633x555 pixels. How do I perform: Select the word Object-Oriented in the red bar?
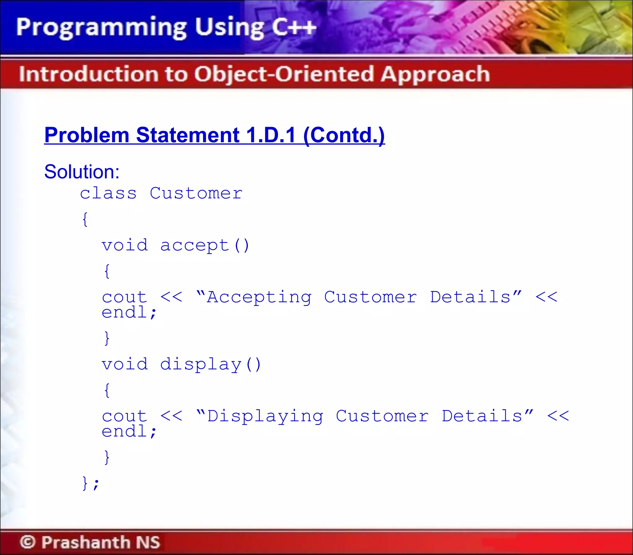[x=284, y=74]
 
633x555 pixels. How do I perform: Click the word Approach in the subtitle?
[x=435, y=74]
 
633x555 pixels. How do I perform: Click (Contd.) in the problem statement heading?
[x=344, y=135]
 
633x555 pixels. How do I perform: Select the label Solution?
[x=82, y=172]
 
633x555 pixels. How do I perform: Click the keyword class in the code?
[x=108, y=194]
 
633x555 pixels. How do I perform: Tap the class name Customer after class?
[x=196, y=194]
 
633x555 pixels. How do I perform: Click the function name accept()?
[x=205, y=245]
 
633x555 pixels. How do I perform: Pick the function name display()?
[x=210, y=364]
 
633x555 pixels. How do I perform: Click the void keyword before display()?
[x=125, y=364]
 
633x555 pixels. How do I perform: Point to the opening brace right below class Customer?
[x=85, y=219]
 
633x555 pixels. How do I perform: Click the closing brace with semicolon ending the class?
[x=90, y=483]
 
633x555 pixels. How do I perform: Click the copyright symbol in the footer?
[x=28, y=542]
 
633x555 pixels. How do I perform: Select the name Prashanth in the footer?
[x=86, y=542]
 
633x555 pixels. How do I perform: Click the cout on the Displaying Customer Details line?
[x=125, y=416]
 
